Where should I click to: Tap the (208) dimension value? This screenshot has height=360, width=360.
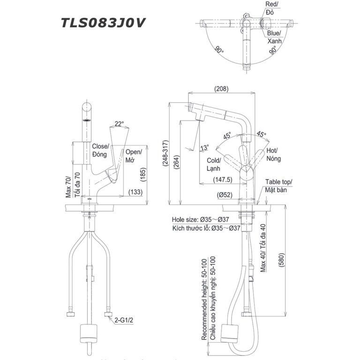click(221, 88)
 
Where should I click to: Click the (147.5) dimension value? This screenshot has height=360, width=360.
click(223, 179)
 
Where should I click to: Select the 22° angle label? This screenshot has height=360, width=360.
click(119, 124)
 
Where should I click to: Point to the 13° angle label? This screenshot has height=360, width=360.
click(204, 147)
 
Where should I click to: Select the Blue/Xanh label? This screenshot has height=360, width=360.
click(274, 37)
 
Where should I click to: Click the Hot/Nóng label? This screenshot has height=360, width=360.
click(274, 155)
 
